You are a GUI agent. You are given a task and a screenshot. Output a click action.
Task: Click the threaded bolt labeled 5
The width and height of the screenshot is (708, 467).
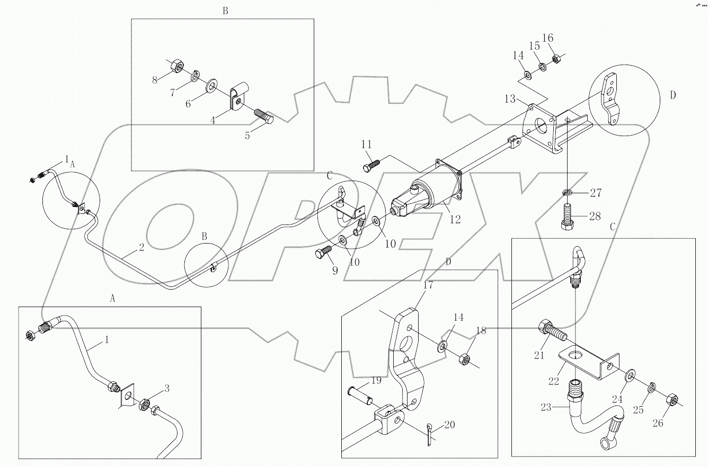tap(263, 116)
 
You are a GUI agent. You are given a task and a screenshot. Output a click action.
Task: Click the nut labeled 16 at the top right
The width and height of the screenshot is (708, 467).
tap(557, 59)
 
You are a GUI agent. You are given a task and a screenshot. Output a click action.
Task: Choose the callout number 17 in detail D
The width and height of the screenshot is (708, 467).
tap(428, 285)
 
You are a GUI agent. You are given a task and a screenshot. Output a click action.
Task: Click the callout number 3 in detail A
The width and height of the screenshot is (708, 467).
tap(166, 389)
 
